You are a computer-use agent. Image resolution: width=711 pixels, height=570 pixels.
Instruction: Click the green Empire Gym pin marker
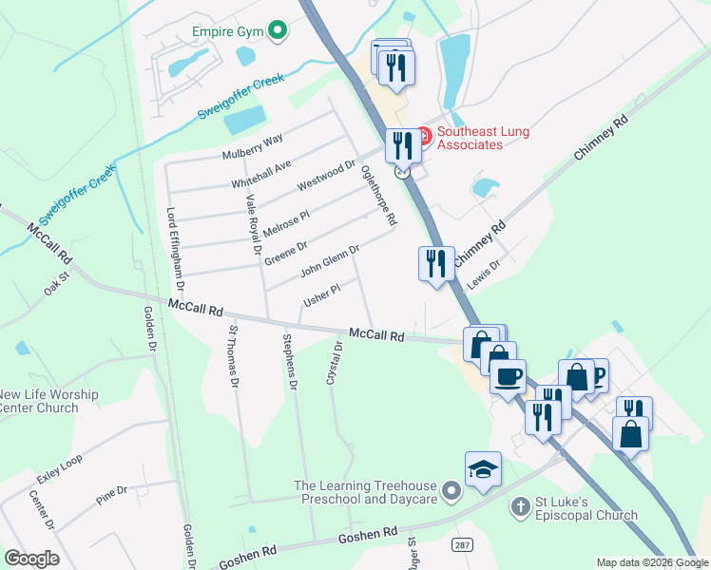click(278, 32)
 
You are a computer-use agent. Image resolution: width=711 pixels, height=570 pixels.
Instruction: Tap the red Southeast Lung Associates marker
click(424, 137)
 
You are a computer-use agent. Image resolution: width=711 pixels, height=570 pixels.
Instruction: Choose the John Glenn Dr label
click(330, 261)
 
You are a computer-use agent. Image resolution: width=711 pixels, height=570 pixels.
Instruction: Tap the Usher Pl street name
click(321, 296)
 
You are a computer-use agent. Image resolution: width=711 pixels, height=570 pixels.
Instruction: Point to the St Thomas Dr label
click(232, 357)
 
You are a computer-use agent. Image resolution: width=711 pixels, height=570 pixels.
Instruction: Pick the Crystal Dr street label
click(334, 364)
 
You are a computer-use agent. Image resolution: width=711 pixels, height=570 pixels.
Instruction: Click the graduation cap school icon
click(483, 470)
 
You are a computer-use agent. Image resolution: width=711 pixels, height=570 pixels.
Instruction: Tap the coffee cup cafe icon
click(508, 375)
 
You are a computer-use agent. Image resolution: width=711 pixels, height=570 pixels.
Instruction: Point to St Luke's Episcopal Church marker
click(520, 506)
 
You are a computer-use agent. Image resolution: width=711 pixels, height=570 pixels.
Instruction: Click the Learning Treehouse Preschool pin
click(452, 492)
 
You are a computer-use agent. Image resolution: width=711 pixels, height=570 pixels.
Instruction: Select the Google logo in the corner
click(31, 558)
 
